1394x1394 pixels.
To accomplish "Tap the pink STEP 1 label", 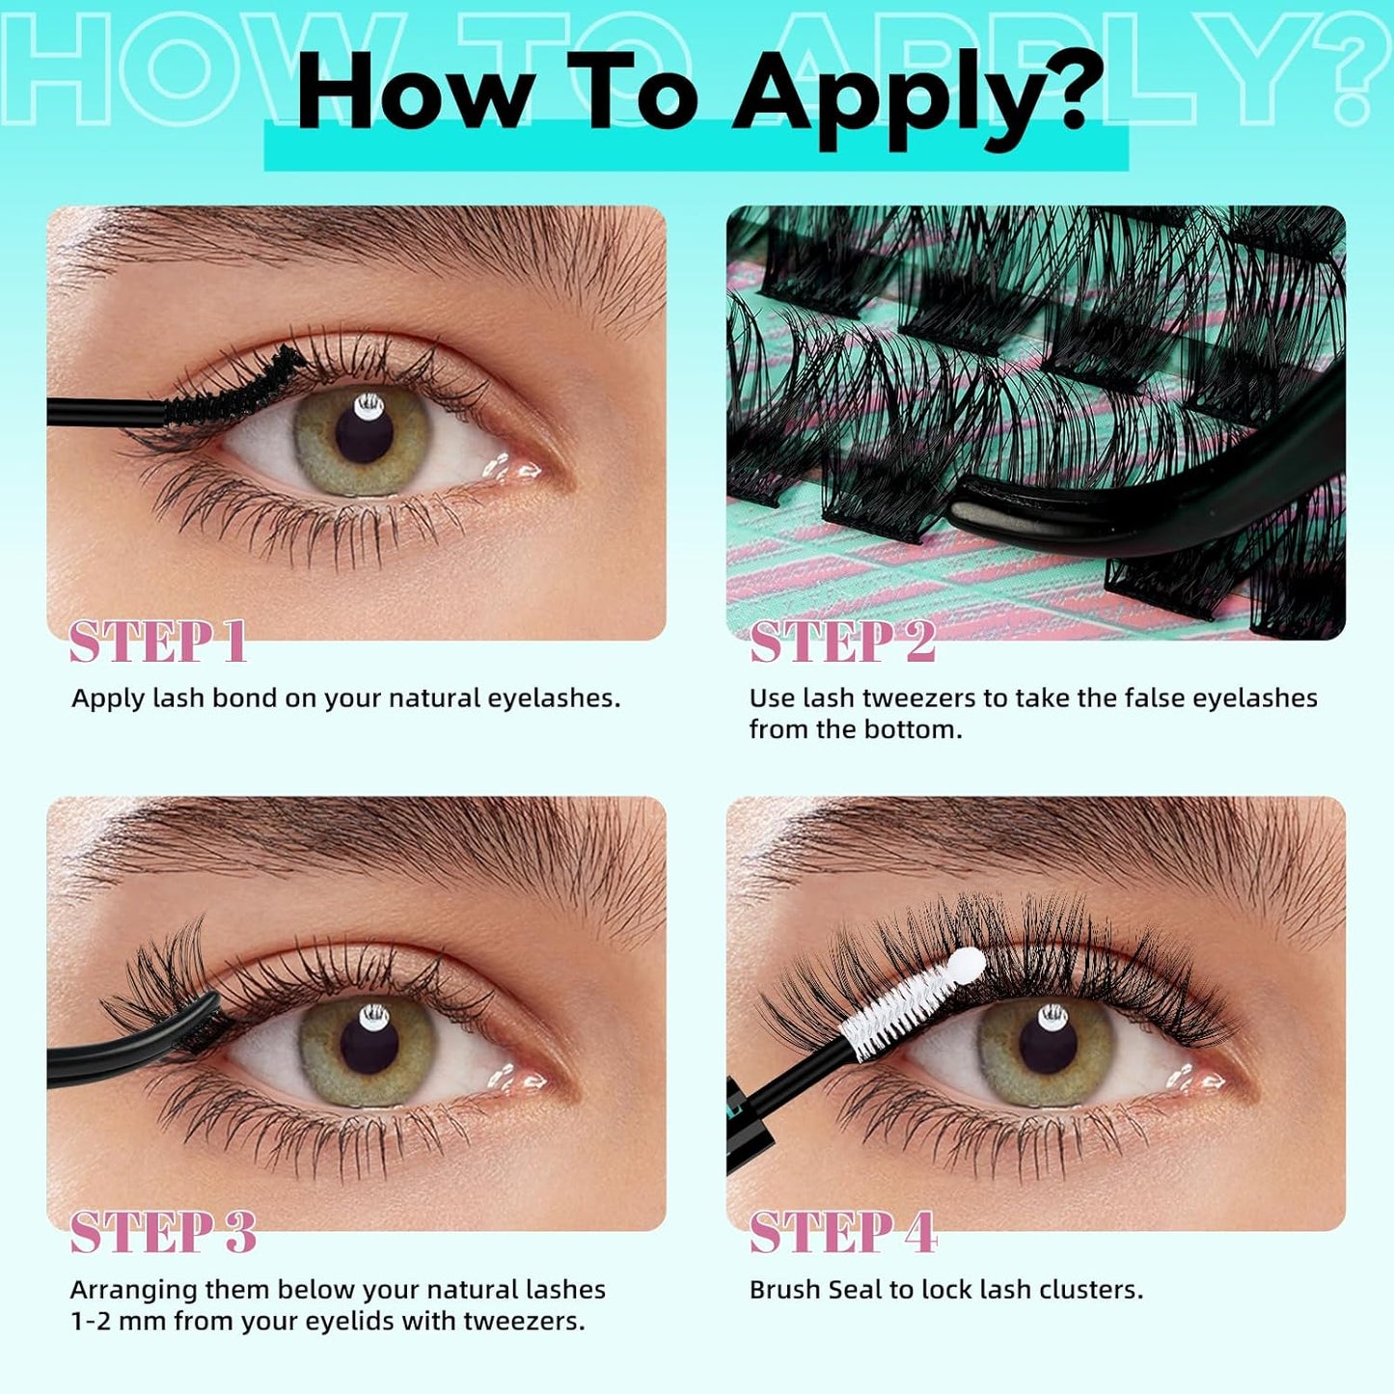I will click(x=158, y=642).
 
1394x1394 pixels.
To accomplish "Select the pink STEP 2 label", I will click(x=842, y=642).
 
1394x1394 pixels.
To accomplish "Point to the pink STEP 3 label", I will click(x=163, y=1232).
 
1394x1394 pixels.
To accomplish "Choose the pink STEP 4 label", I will click(x=843, y=1232).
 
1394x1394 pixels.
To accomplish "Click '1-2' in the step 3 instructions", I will click(x=91, y=1321).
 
